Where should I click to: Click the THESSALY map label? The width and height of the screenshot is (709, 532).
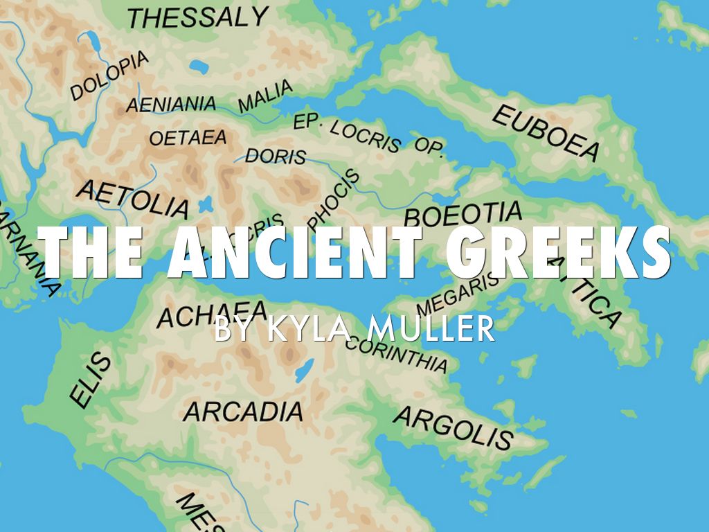pos(197,17)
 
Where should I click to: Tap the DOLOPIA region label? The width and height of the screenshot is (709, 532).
pos(110,76)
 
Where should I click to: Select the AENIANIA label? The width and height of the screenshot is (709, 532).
pos(170,105)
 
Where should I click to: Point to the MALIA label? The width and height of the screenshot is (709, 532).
pos(265,98)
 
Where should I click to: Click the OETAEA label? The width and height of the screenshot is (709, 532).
pos(188,138)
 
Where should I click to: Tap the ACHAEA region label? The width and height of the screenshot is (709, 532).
pos(212,314)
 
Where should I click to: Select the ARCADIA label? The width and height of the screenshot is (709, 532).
pos(243,411)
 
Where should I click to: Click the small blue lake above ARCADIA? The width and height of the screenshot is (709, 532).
pos(304,372)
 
